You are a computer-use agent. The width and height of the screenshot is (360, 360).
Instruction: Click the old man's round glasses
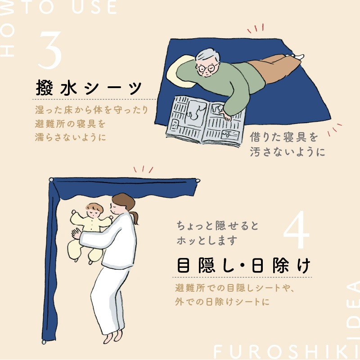207,68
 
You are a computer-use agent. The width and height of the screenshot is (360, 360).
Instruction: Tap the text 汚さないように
287,152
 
